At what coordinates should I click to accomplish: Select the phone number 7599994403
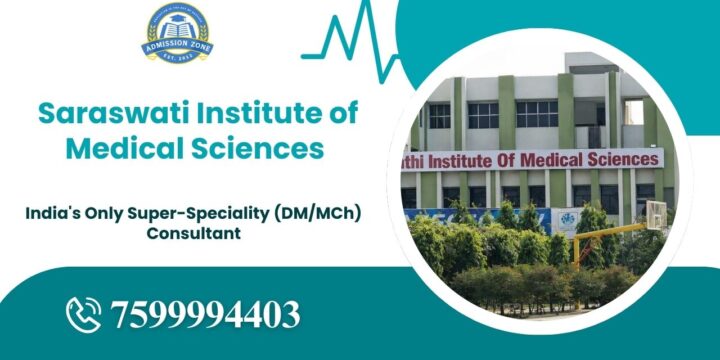pyautogui.click(x=207, y=314)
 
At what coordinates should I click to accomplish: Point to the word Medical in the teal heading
pyautogui.click(x=116, y=148)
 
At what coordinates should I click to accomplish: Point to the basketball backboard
pyautogui.click(x=654, y=213)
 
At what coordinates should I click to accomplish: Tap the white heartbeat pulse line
pyautogui.click(x=350, y=40)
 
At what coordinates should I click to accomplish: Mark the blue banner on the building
pyautogui.click(x=470, y=214)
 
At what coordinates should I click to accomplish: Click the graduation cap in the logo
pyautogui.click(x=177, y=22)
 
